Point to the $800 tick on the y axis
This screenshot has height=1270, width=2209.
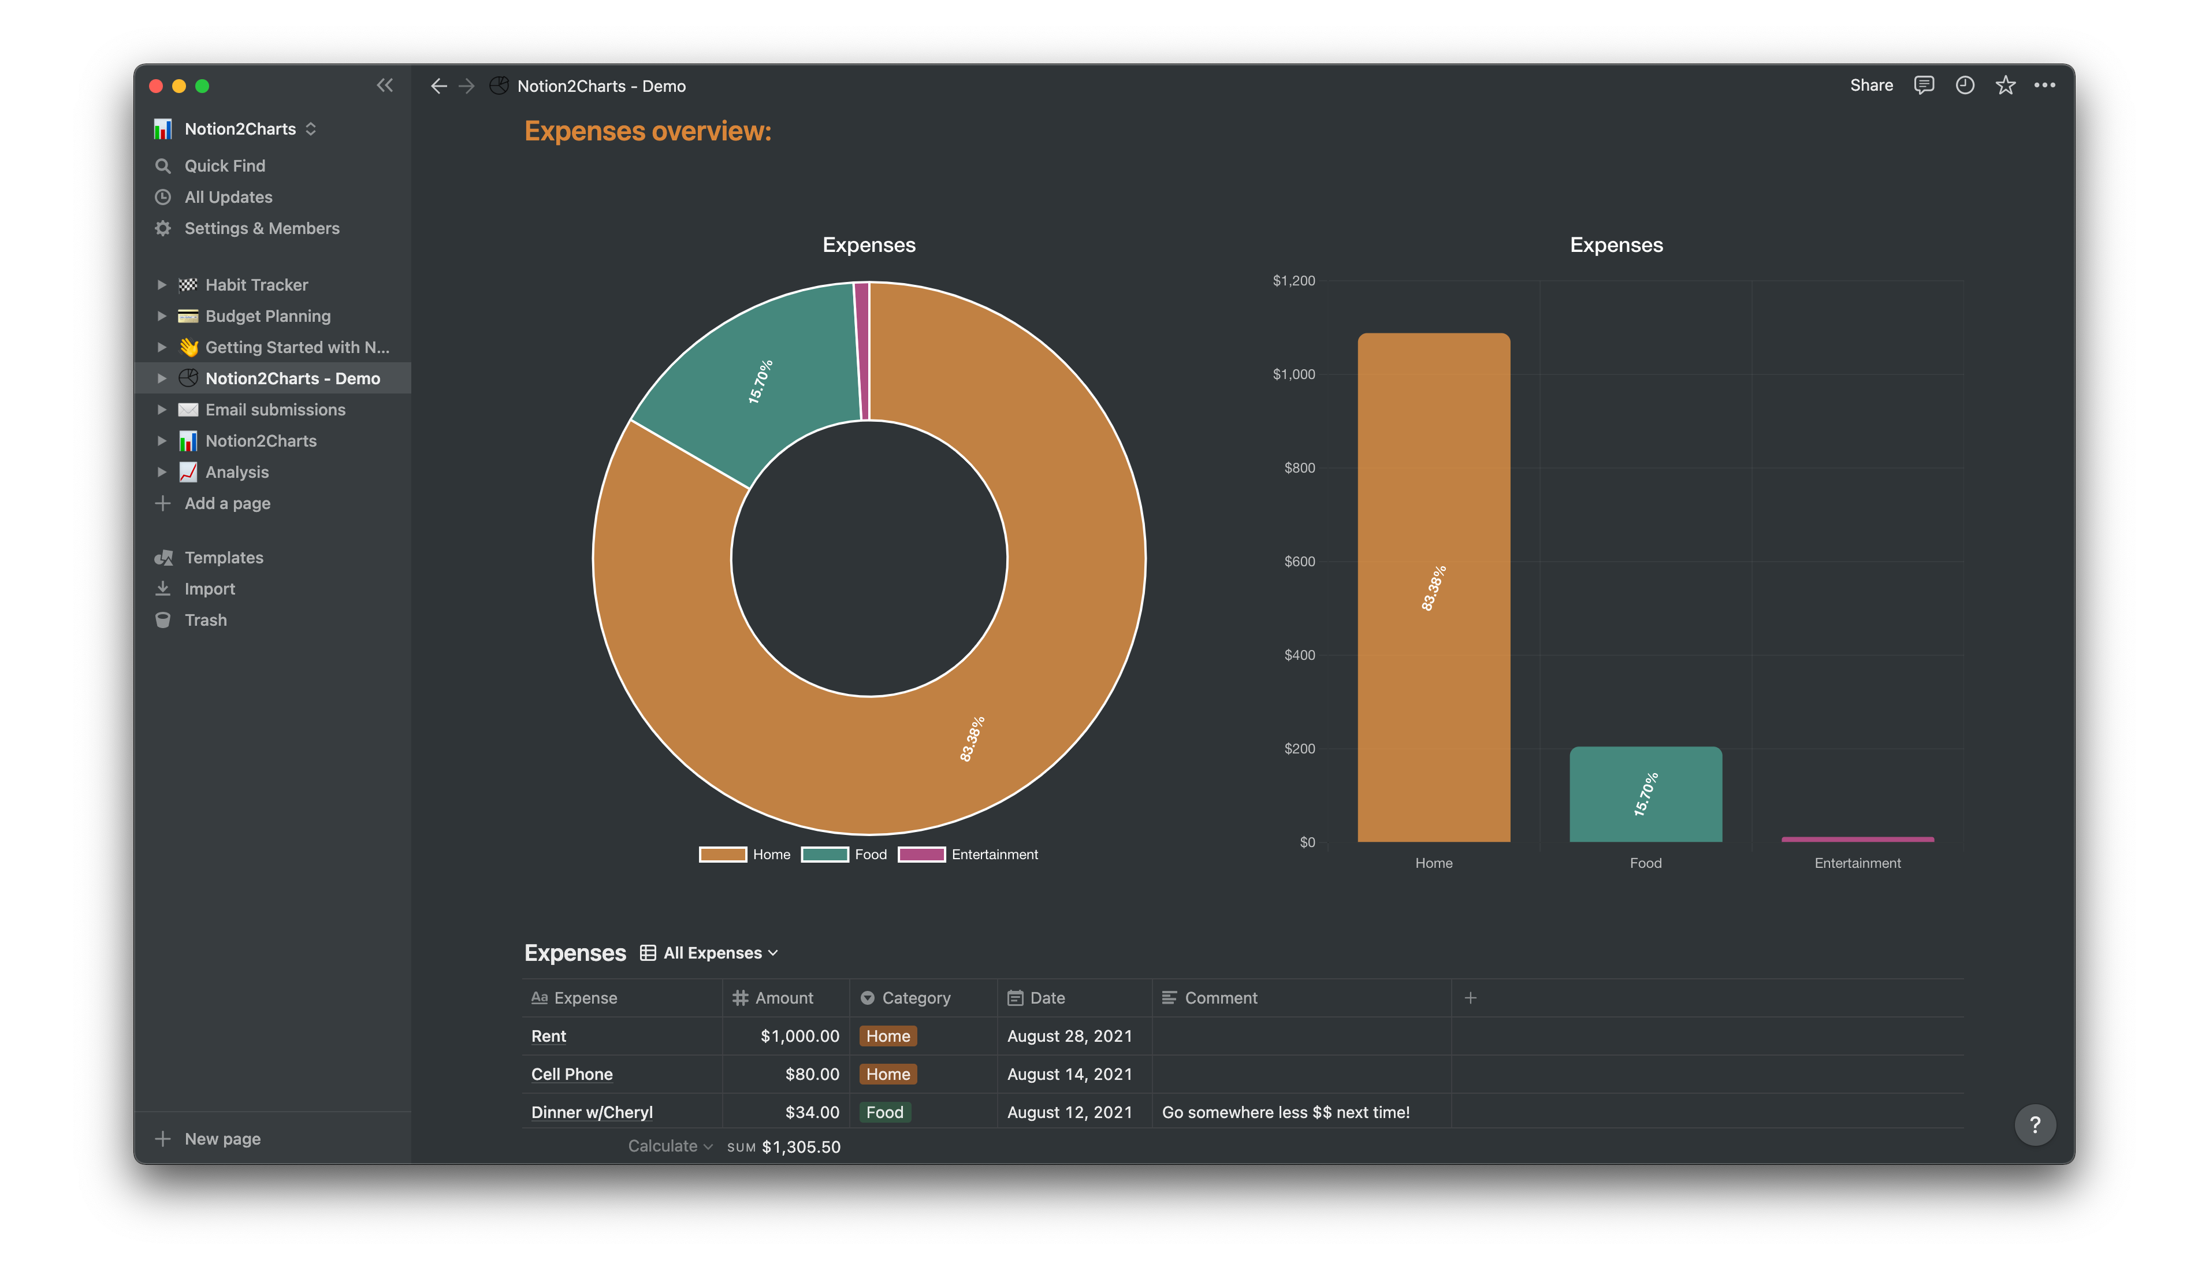pos(1299,469)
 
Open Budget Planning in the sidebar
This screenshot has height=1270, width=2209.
pos(267,315)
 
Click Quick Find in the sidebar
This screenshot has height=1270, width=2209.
pos(224,166)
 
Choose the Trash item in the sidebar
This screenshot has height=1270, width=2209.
pos(205,620)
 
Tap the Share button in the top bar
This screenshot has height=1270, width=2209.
pos(1870,86)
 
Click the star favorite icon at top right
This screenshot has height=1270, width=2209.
pos(2005,86)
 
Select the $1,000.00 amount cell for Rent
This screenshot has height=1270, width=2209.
pos(799,1036)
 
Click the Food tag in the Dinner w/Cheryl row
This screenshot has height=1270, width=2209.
pos(884,1112)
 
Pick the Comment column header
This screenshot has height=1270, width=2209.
pos(1220,998)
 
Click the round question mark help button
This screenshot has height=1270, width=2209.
pos(2035,1125)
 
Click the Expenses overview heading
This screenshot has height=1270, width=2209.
pos(647,131)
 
